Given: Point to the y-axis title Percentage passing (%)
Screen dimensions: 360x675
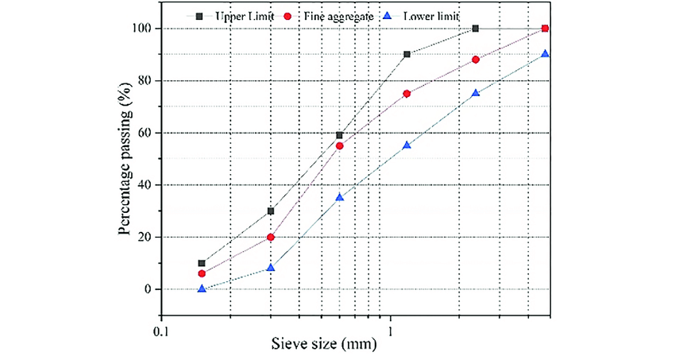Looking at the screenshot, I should click(125, 157).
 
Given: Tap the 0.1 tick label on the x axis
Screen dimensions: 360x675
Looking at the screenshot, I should click(162, 326).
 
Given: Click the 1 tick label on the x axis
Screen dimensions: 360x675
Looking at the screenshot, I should click(391, 326).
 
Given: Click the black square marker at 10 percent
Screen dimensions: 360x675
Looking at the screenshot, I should click(202, 263).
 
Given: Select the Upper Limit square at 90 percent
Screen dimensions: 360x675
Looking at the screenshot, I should click(407, 55).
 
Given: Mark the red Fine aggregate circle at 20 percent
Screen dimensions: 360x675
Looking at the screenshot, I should click(271, 237).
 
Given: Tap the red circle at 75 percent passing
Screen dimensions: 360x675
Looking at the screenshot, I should click(407, 94).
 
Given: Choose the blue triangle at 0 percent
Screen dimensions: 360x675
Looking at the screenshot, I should click(202, 288).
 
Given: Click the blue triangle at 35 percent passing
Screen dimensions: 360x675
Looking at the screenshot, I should click(340, 197).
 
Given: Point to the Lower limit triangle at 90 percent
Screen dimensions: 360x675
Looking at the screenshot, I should click(544, 54).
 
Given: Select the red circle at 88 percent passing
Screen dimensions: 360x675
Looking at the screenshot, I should click(476, 60).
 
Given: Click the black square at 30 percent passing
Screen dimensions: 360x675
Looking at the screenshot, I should click(271, 211).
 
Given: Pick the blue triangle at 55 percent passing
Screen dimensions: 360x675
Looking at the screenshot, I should click(407, 145).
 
